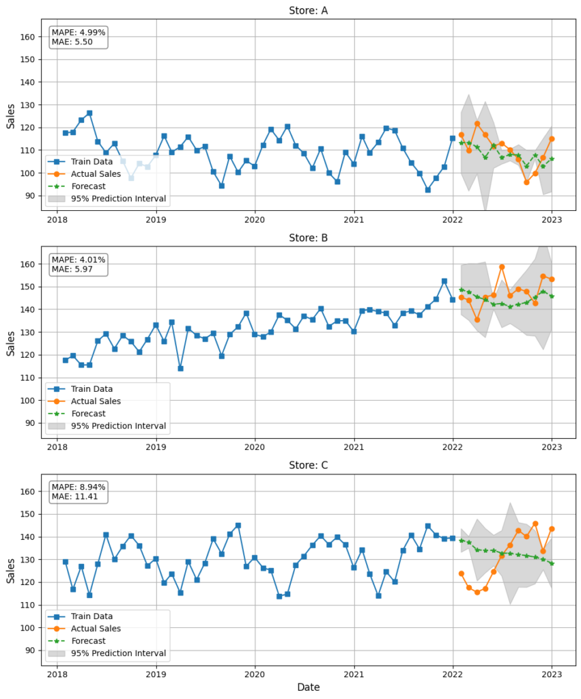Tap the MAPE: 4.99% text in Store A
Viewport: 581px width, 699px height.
(x=79, y=33)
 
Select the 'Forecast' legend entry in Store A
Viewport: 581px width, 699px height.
(x=88, y=186)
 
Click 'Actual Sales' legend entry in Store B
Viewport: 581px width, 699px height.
(x=96, y=401)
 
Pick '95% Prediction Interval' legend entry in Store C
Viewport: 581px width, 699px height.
(x=118, y=653)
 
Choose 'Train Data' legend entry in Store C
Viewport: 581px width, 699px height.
(x=92, y=616)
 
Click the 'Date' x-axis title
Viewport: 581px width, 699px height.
(x=308, y=687)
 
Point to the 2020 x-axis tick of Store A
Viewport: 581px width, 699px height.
(x=255, y=220)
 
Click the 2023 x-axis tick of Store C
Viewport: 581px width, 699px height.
(x=552, y=674)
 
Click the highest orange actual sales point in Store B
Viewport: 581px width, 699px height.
(x=502, y=267)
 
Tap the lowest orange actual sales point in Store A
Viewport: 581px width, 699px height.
(x=526, y=182)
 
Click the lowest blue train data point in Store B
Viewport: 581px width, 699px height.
(x=180, y=369)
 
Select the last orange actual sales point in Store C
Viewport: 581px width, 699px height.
(x=552, y=529)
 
